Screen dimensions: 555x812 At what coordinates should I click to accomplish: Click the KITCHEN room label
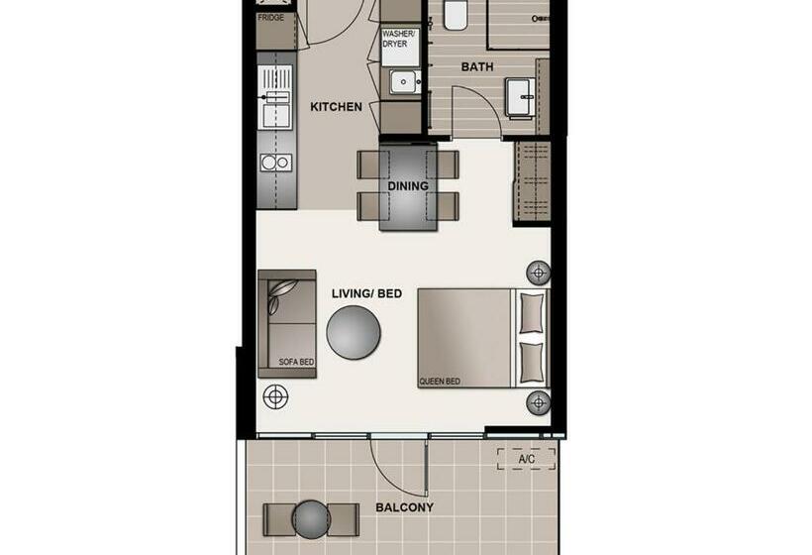tap(337, 107)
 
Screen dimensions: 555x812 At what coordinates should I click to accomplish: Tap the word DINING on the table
tap(408, 185)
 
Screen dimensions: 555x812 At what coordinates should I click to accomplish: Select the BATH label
tap(477, 68)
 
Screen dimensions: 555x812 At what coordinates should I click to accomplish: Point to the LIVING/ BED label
tap(367, 293)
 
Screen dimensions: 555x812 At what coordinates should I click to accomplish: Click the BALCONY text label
tap(404, 508)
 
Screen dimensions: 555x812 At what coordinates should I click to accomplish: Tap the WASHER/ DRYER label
tap(400, 40)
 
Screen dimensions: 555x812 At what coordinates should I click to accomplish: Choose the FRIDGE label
tap(270, 18)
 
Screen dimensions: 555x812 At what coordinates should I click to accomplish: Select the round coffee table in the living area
tap(354, 332)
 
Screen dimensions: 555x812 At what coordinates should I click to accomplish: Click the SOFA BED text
tap(296, 363)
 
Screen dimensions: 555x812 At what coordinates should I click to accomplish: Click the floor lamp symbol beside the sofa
tap(275, 397)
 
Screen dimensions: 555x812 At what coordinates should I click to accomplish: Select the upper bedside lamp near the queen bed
tap(538, 272)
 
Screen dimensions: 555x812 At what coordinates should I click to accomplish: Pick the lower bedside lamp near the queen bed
tap(538, 401)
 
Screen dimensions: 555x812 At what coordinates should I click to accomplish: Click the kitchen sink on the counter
tap(275, 96)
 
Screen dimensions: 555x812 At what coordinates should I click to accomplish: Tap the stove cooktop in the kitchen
tap(274, 162)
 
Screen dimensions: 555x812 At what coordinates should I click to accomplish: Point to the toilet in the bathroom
tap(456, 14)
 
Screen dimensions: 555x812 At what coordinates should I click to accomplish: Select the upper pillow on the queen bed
tap(532, 313)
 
